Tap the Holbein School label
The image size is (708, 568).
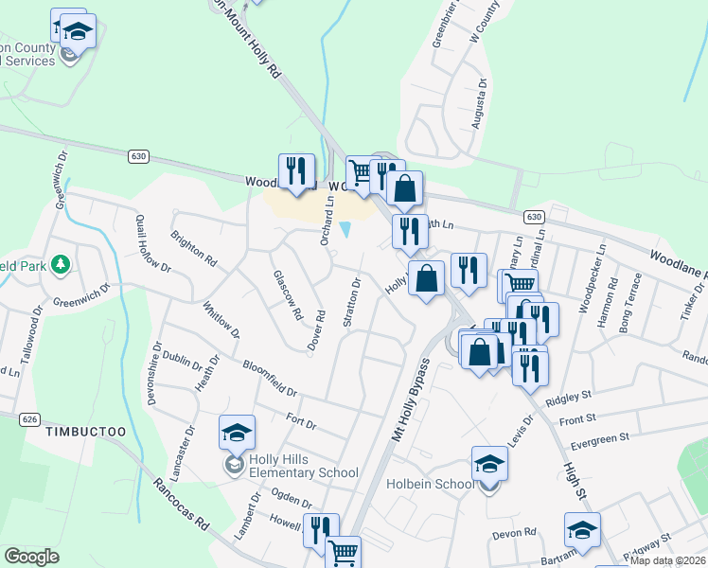click(430, 485)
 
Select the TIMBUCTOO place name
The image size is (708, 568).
click(84, 432)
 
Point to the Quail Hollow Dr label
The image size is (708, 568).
click(153, 255)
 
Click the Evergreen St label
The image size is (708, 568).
click(594, 439)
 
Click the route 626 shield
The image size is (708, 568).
click(29, 418)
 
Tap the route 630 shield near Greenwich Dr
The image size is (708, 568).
click(138, 155)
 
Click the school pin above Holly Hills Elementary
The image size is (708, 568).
click(237, 434)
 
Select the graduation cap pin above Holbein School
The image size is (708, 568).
click(489, 464)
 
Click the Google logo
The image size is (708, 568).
click(31, 557)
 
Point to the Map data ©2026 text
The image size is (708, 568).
click(667, 560)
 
